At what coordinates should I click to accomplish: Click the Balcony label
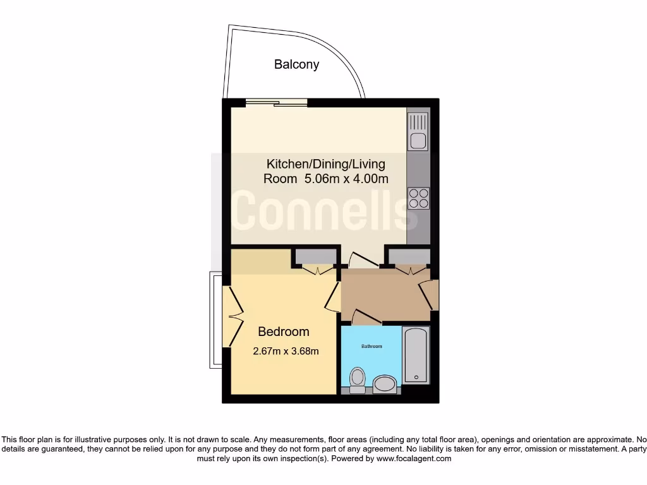[296, 64]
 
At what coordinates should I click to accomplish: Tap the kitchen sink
[417, 140]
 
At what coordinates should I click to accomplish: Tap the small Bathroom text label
[372, 346]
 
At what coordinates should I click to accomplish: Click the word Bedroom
[284, 332]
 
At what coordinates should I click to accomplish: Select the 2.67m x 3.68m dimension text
[286, 351]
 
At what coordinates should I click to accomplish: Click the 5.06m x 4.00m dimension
[346, 179]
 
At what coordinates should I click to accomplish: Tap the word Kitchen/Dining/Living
[325, 164]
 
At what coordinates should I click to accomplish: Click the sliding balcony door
[277, 102]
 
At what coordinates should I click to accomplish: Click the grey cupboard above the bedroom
[316, 256]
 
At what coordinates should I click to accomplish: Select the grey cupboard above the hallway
[408, 256]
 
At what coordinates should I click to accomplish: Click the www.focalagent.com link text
[414, 459]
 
